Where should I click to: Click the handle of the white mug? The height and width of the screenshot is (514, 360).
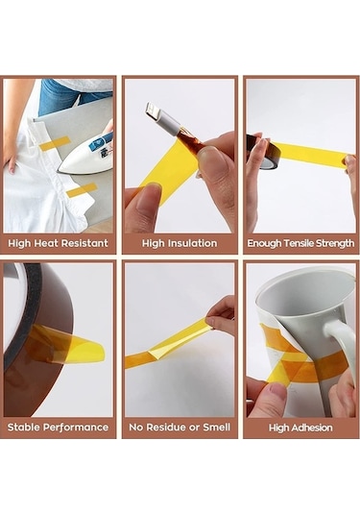(x=339, y=346)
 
